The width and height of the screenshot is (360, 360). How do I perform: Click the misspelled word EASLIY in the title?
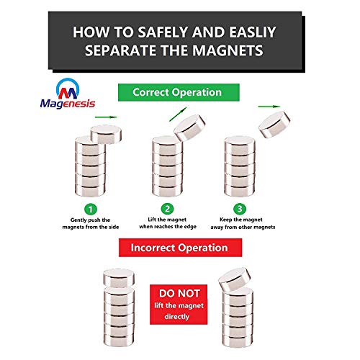pos(252,32)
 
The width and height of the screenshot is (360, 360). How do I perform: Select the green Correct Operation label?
pos(179,92)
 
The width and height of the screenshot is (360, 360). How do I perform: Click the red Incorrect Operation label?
pos(180,248)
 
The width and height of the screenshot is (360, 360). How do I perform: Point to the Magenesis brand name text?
pos(68,104)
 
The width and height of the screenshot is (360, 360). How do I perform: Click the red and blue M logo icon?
pos(68,89)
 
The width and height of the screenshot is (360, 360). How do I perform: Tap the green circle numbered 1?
pos(91,210)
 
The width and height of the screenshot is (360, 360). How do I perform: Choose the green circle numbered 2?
pos(167,209)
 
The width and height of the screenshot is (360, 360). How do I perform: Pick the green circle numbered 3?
pos(240,209)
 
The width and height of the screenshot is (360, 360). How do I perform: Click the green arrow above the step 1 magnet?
pos(106,117)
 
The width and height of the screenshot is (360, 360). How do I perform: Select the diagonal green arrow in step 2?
pos(178,114)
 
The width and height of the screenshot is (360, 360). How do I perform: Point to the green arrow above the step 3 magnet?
pos(269,107)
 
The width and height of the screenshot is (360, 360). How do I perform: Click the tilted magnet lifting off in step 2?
pos(189,128)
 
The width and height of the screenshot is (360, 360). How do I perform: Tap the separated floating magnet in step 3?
pos(274,125)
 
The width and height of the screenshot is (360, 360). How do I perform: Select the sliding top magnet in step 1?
pos(106,135)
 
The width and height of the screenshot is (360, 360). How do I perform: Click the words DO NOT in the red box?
pos(179,294)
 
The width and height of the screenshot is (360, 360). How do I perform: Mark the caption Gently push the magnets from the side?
pos(91,223)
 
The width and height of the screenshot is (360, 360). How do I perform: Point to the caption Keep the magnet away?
pos(243,223)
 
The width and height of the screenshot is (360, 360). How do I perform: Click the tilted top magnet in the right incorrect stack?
pos(235,279)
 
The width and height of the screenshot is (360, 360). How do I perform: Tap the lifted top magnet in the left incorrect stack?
pos(119,278)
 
